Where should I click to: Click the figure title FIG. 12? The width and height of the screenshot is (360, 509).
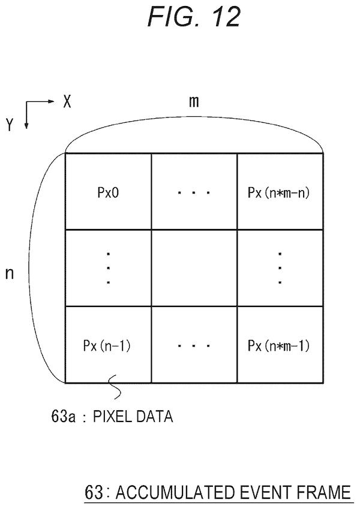(194, 17)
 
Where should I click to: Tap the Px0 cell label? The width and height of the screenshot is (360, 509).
(108, 192)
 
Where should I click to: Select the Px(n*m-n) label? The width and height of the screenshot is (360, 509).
(278, 192)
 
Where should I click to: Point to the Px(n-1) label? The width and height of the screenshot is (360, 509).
(107, 345)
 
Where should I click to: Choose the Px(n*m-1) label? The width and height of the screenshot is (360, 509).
(278, 345)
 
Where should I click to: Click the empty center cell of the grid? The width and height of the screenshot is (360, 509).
(194, 268)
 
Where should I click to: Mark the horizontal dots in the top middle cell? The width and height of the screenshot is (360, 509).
(194, 193)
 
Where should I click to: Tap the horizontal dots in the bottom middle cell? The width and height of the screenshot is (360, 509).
(194, 346)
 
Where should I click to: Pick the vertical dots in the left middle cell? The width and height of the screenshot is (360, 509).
(108, 268)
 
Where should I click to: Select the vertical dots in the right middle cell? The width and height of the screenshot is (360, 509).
(280, 268)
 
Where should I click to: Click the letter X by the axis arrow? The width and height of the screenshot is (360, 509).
(67, 101)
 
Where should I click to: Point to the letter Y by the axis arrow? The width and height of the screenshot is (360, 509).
(10, 124)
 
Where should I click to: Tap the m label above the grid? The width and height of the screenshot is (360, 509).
(194, 102)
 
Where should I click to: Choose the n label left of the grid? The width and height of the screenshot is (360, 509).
(10, 273)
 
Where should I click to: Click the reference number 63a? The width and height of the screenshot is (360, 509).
(63, 417)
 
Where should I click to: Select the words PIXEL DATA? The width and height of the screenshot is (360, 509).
(133, 417)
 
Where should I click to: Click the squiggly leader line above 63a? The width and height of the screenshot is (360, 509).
(115, 387)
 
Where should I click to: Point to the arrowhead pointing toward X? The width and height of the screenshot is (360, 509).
(51, 101)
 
